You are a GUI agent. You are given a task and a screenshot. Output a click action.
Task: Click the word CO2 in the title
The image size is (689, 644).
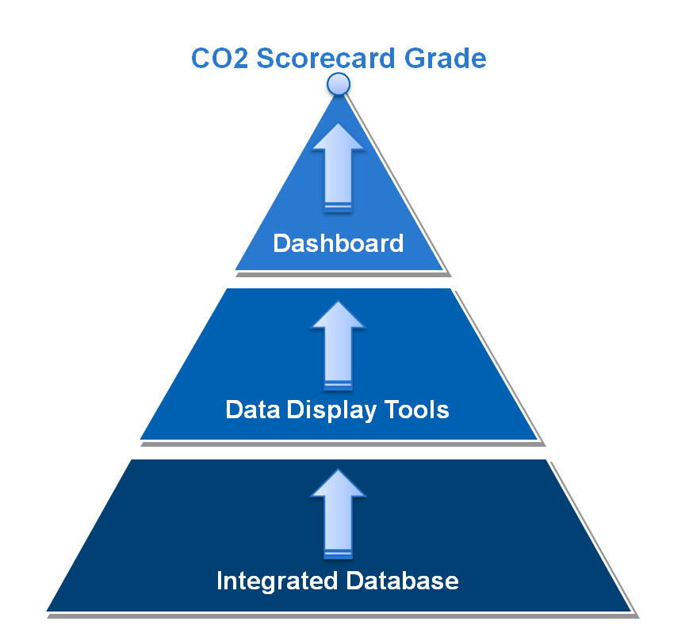[220, 58]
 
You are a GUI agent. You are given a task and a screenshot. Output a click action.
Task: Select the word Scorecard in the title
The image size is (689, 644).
[326, 58]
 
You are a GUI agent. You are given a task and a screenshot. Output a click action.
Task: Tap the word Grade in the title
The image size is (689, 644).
[445, 58]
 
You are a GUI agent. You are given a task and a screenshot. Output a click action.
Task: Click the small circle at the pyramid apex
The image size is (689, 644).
[339, 84]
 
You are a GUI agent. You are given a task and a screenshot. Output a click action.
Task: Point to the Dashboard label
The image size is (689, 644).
[339, 242]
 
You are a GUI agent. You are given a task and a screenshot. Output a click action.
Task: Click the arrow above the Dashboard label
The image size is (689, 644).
[339, 168]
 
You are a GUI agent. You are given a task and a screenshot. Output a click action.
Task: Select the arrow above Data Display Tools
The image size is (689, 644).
[338, 345]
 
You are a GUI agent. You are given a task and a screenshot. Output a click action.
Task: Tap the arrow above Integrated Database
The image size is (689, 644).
[338, 514]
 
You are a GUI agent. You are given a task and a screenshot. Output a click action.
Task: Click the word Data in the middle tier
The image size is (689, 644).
[253, 410]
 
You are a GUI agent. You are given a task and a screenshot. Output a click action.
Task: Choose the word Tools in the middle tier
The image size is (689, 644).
[416, 410]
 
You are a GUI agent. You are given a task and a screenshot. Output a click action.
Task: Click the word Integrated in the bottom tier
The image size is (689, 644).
[278, 581]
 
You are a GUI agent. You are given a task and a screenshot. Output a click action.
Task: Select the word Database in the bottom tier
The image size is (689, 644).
[403, 581]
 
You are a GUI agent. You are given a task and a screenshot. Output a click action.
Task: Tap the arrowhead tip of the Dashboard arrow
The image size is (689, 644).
[339, 124]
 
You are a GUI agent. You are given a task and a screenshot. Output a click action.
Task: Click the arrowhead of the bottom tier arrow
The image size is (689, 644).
[338, 483]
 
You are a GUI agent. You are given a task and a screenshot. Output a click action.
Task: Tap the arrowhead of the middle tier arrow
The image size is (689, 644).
[338, 314]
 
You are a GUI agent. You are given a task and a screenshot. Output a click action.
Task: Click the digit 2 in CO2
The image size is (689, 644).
[240, 58]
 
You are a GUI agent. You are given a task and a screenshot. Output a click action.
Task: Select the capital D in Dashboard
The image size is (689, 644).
[281, 242]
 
